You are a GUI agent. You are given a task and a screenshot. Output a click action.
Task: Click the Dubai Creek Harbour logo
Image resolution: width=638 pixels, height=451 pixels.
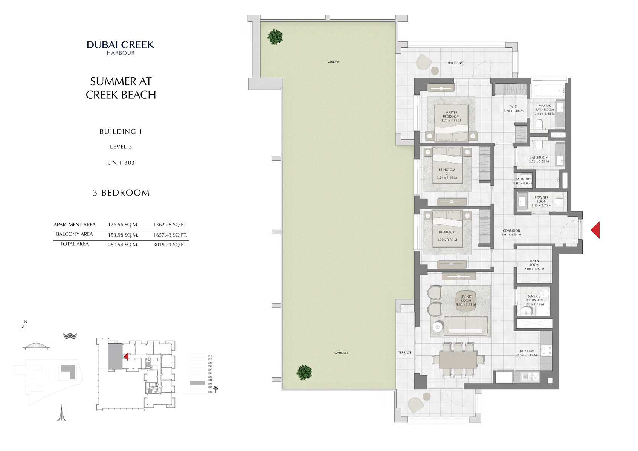click(x=121, y=47)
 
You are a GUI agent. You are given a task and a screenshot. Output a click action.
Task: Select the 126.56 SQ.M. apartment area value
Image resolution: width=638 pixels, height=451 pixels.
click(x=123, y=225)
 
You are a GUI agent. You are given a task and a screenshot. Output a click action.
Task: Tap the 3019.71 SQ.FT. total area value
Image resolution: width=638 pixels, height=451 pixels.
click(x=170, y=245)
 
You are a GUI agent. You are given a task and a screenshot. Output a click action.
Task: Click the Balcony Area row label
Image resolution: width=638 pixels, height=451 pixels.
click(x=74, y=234)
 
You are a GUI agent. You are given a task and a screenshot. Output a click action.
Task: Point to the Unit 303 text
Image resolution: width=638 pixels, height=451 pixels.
click(x=121, y=163)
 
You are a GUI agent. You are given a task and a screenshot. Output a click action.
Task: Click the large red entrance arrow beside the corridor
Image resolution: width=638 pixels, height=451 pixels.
click(x=595, y=230)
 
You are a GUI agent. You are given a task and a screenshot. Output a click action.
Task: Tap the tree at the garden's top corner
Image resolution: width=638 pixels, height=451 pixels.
click(x=275, y=37)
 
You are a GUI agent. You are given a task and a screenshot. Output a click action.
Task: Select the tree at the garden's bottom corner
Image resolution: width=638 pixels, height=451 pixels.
click(x=304, y=372)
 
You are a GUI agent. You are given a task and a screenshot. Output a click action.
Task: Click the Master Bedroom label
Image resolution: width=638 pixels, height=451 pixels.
click(x=451, y=116)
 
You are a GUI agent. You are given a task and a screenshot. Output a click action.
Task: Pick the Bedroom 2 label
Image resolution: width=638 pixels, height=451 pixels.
click(x=447, y=173)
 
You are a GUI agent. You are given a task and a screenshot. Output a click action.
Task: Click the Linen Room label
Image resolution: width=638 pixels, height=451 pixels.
click(x=534, y=264)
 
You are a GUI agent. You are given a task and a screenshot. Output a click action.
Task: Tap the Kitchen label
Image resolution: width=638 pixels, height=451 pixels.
click(x=527, y=353)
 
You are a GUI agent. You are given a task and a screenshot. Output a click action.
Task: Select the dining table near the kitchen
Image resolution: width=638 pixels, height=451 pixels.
click(x=458, y=359)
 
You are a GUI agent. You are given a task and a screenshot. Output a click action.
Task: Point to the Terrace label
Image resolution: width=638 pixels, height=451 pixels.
click(x=404, y=353)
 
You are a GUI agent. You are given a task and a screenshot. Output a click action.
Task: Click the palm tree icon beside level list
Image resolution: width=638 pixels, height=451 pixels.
click(x=215, y=389)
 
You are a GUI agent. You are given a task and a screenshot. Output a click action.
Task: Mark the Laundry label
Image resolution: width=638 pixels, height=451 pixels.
click(x=523, y=181)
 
